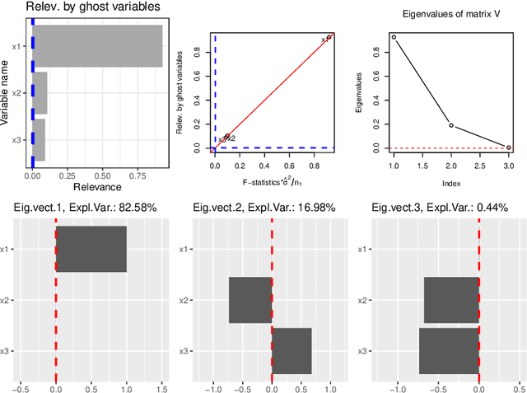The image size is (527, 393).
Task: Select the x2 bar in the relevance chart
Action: (x=40, y=93)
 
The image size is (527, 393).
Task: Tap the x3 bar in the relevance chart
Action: (x=39, y=140)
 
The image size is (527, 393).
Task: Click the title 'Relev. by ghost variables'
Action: (x=81, y=7)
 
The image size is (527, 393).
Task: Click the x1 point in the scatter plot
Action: (x=329, y=37)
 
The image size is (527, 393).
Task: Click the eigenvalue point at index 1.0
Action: (x=394, y=37)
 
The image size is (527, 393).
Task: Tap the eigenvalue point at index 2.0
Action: (x=451, y=125)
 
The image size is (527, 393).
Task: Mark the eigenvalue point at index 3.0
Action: (x=508, y=147)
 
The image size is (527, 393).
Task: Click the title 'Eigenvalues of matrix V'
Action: (x=450, y=14)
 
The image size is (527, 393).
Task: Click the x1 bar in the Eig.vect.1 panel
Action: (x=91, y=249)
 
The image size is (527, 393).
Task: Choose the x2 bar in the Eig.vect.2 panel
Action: (x=250, y=300)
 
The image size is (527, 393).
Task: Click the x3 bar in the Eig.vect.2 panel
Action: (x=291, y=351)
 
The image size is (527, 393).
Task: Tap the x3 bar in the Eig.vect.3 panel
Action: (x=449, y=351)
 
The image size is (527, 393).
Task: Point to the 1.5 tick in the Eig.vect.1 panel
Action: (x=161, y=385)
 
